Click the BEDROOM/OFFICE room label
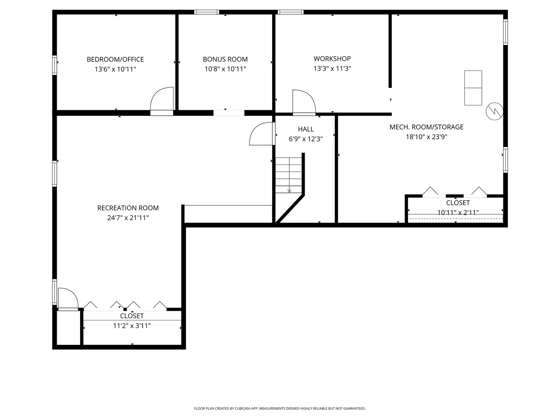pos(115,59)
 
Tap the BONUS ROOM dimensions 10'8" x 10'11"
pos(225,69)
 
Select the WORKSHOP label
pos(332,59)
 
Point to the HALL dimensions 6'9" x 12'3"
pos(306,139)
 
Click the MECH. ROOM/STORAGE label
pos(426,127)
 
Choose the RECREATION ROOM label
pos(128,208)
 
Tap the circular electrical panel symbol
pos(494,112)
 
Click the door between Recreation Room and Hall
pos(262,134)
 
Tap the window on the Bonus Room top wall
pos(206,12)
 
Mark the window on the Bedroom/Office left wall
pos(54,65)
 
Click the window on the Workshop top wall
pos(290,12)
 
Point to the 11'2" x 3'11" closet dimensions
pos(132,326)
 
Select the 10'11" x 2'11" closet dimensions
pos(458,212)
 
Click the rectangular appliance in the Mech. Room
pos(473,88)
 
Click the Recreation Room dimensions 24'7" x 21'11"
pos(128,218)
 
